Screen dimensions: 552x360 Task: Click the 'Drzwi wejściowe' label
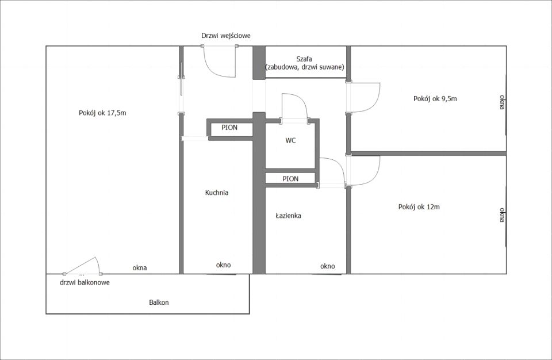(x=225, y=36)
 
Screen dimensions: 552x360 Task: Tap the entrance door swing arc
(x=211, y=69)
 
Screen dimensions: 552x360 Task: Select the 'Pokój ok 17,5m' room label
(x=102, y=113)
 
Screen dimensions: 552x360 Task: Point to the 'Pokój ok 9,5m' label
(x=435, y=99)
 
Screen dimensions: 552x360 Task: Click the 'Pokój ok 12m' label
(x=419, y=207)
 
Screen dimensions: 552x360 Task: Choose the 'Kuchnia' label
(x=217, y=193)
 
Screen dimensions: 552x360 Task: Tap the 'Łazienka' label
(x=288, y=216)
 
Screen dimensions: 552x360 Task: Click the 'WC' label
(x=290, y=140)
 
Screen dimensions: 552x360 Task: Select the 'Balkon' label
(x=159, y=302)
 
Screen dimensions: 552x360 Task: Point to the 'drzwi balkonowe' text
(x=85, y=282)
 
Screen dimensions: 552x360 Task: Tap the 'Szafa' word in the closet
(x=304, y=59)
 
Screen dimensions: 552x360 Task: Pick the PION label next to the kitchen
(x=229, y=128)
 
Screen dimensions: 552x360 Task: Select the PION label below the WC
(x=290, y=179)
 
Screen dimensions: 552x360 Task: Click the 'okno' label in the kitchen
(x=224, y=265)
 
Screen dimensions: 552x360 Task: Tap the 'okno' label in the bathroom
(x=327, y=266)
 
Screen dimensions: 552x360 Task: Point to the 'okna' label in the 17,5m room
(x=139, y=268)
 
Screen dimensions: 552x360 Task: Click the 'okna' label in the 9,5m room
(x=502, y=102)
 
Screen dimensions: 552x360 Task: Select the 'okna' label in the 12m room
(x=502, y=215)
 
